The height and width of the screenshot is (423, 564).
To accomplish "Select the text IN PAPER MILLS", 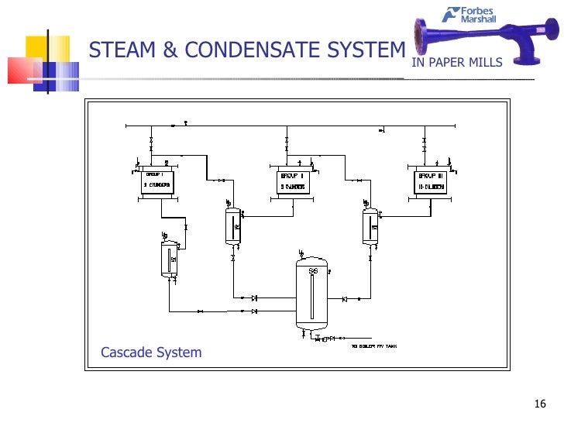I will (x=457, y=63).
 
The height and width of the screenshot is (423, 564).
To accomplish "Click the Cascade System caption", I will (x=151, y=352).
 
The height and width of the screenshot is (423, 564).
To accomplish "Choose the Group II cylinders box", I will (x=293, y=182).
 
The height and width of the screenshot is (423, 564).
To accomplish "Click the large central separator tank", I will (x=313, y=294).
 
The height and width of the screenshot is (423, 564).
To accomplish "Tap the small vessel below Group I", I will (x=168, y=258).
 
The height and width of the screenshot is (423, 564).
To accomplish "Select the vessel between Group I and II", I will (x=232, y=225).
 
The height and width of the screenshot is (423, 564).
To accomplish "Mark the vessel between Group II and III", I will (x=370, y=225).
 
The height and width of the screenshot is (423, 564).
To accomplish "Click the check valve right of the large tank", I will (x=344, y=299).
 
